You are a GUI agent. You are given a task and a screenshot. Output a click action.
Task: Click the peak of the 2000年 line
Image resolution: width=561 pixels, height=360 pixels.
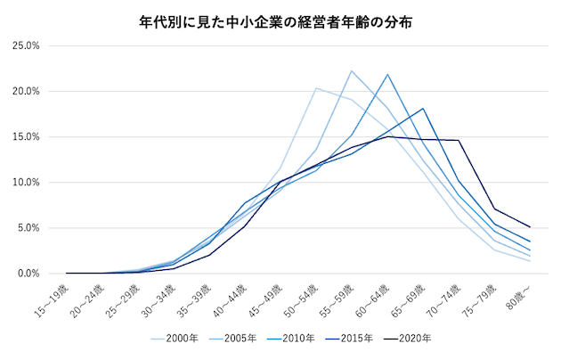pyautogui.click(x=316, y=87)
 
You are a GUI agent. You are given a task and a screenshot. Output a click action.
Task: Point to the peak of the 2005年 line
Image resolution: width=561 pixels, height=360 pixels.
pyautogui.click(x=352, y=70)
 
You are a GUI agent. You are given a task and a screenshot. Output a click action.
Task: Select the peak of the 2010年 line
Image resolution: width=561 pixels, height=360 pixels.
pyautogui.click(x=387, y=75)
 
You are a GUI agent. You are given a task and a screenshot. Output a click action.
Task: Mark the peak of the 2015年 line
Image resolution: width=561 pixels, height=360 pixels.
pyautogui.click(x=423, y=109)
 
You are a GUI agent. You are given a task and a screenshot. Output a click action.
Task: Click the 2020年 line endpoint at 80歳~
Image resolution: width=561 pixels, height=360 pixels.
pyautogui.click(x=530, y=227)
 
